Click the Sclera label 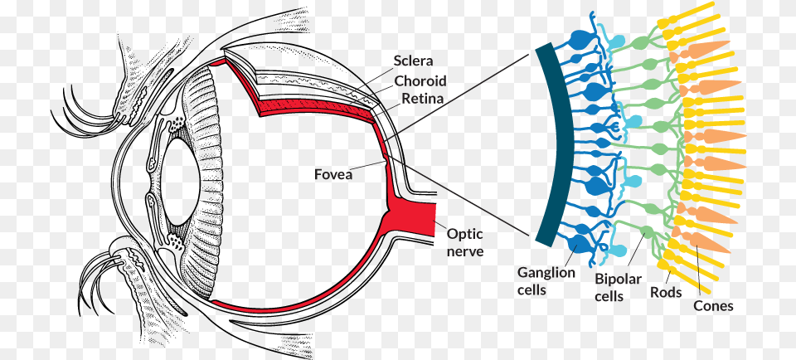(x=414, y=61)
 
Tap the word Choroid (x=420, y=80)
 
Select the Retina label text (x=422, y=99)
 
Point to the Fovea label (x=333, y=174)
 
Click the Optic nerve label (x=465, y=241)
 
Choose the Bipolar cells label (x=618, y=288)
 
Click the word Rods (x=666, y=292)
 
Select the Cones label (x=713, y=306)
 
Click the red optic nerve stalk (x=419, y=217)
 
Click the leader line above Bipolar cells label (x=629, y=252)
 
